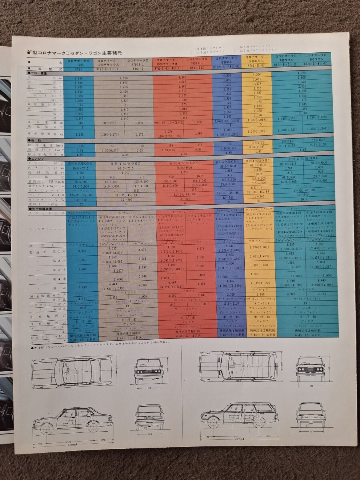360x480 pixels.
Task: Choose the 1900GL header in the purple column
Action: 226,59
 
